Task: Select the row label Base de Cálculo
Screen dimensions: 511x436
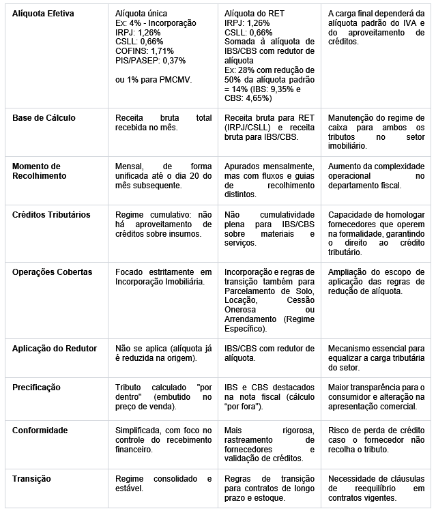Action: [x=44, y=118]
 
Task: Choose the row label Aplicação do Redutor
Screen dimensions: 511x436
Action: [x=55, y=348]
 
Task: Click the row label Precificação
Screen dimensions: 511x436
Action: [x=37, y=387]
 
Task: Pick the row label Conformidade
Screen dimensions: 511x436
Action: [x=40, y=430]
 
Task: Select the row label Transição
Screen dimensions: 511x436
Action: [x=31, y=478]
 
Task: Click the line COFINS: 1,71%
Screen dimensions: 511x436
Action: [x=145, y=51]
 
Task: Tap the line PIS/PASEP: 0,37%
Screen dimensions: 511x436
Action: [x=150, y=61]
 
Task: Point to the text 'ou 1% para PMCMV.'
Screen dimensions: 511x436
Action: [x=154, y=80]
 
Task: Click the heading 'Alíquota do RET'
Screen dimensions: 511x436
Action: [x=255, y=13]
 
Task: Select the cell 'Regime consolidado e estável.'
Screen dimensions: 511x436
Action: [x=164, y=483]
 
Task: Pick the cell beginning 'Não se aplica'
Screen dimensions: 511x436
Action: [x=164, y=353]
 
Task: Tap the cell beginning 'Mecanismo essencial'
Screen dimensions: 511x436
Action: [x=376, y=357]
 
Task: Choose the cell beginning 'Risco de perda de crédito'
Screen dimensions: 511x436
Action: [x=376, y=440]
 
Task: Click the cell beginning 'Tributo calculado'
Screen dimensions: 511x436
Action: [x=164, y=396]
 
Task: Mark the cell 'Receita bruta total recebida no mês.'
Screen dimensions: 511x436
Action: [x=164, y=123]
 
